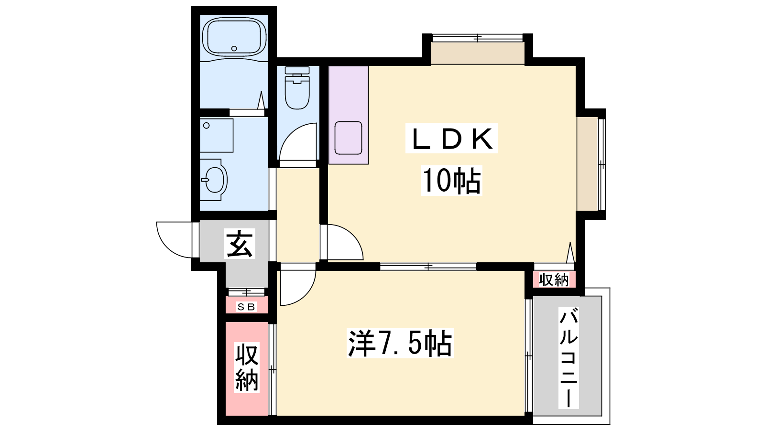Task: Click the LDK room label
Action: [x=451, y=138]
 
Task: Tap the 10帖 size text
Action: [x=451, y=180]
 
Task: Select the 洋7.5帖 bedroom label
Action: [x=400, y=343]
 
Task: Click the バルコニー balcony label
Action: [x=568, y=357]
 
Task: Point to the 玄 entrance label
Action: [x=240, y=244]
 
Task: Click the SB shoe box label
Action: [x=246, y=307]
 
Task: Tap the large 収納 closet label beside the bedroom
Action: [x=247, y=367]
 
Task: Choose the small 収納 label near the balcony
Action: [x=554, y=280]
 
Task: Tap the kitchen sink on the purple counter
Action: [x=349, y=138]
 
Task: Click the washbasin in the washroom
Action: [x=214, y=180]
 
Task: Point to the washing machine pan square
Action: [x=217, y=136]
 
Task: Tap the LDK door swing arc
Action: [x=353, y=236]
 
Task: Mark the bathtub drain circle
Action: [x=234, y=48]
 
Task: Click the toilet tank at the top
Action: [x=297, y=70]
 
